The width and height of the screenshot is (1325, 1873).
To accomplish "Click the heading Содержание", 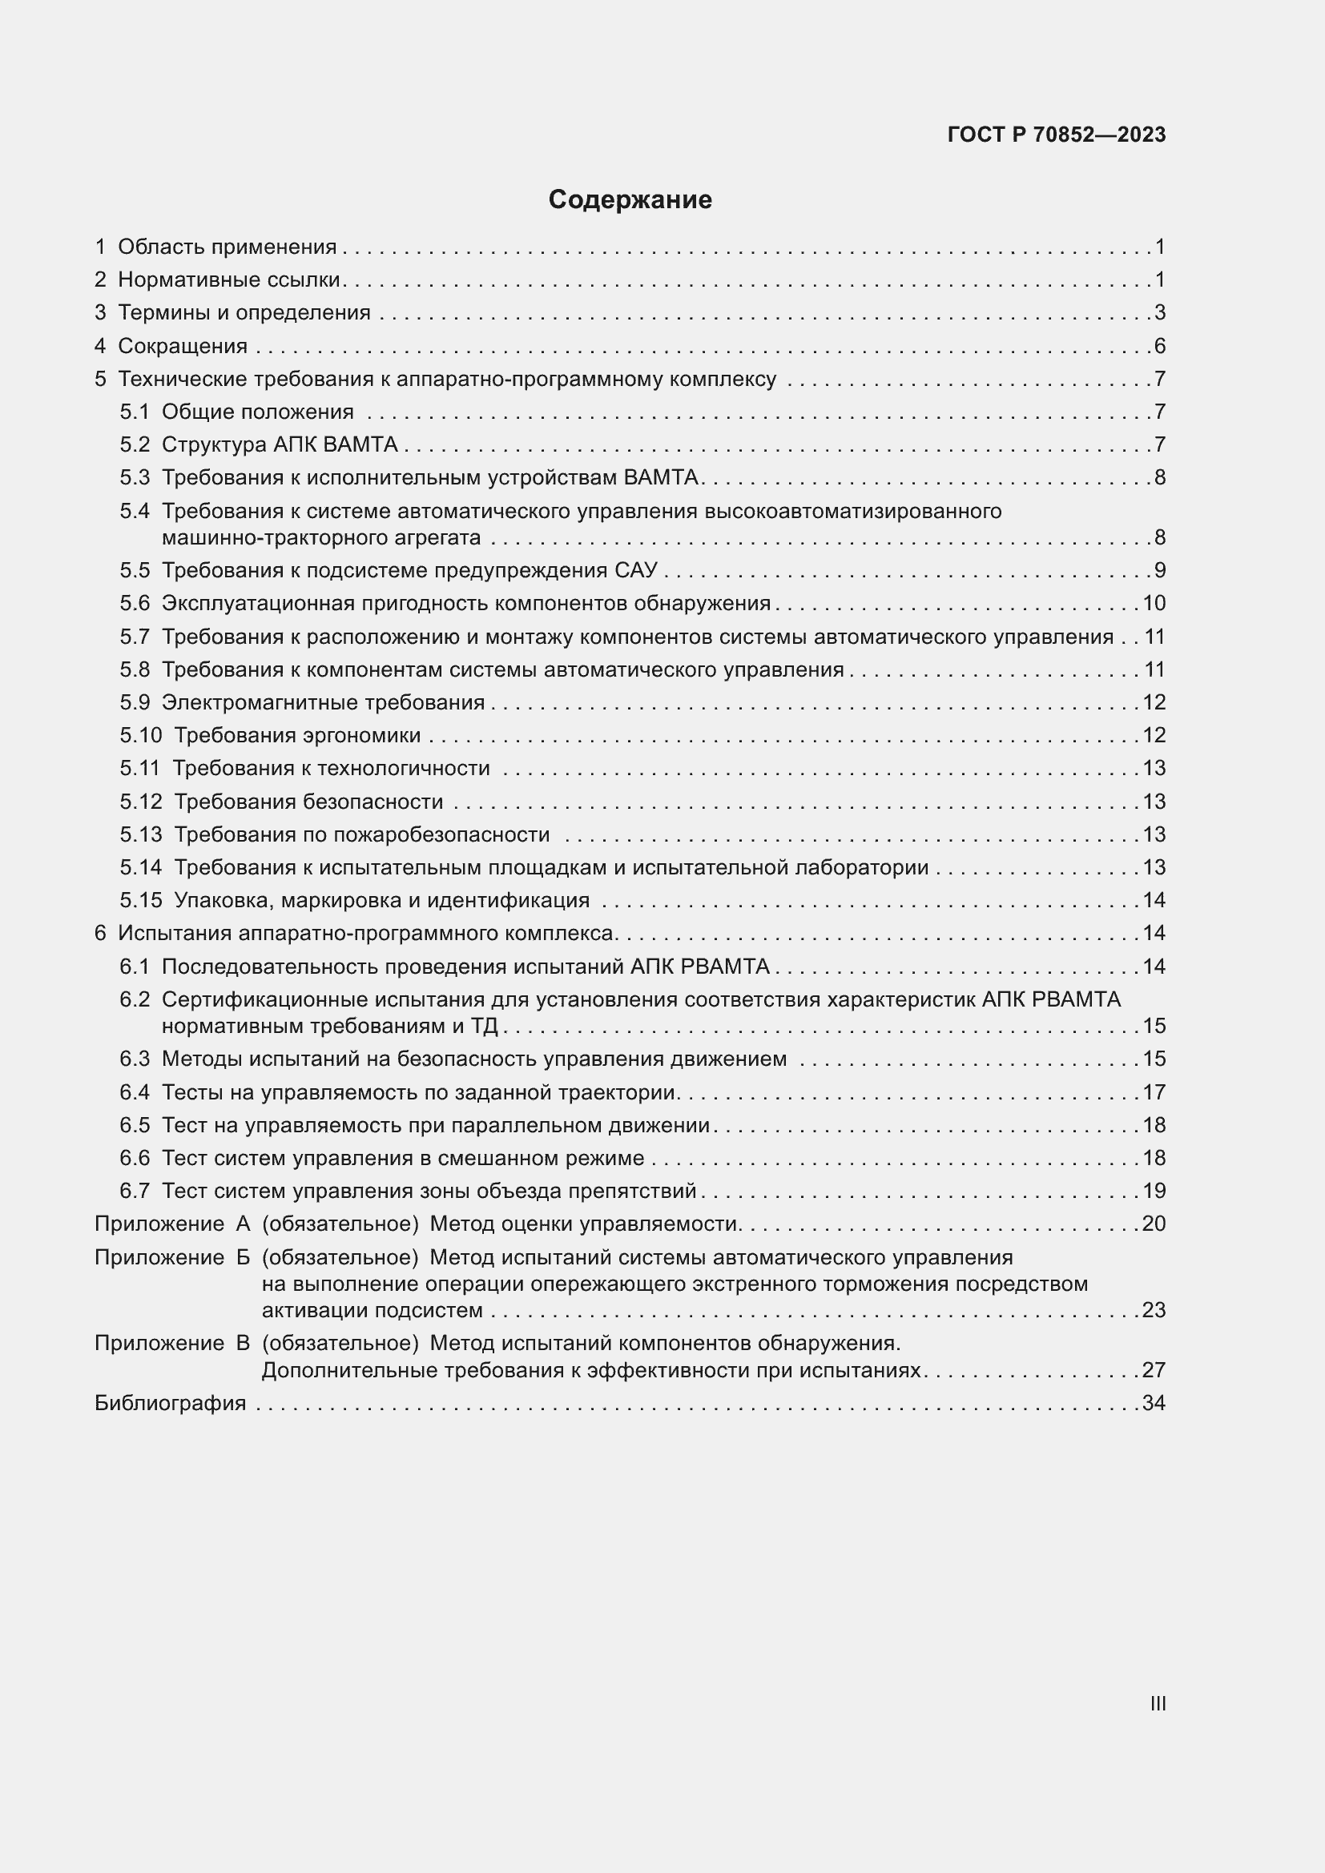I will coord(630,200).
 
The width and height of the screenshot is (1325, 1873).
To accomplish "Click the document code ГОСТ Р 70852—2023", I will coord(1057,135).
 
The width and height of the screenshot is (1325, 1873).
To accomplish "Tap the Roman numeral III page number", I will coord(1157,1703).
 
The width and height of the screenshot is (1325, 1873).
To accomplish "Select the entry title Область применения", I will coord(227,247).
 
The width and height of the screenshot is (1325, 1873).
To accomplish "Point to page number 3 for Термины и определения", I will coord(1159,312).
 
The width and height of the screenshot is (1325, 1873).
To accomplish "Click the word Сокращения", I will coord(183,346).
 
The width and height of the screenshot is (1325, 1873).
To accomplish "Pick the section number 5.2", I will coord(135,444).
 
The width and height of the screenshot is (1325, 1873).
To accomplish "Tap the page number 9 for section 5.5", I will coord(1159,570).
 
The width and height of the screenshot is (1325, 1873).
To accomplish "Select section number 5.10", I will coord(141,735).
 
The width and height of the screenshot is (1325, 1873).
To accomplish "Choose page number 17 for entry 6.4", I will coord(1154,1091).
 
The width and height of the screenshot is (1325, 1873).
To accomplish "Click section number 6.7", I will coord(135,1190).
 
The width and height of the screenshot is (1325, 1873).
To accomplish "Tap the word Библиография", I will coord(170,1402).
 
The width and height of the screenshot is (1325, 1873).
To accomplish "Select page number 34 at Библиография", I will coord(1153,1402).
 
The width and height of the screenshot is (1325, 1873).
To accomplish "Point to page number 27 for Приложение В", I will coord(1153,1369).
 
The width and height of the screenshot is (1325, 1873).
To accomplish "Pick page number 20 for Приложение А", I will coord(1153,1224).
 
